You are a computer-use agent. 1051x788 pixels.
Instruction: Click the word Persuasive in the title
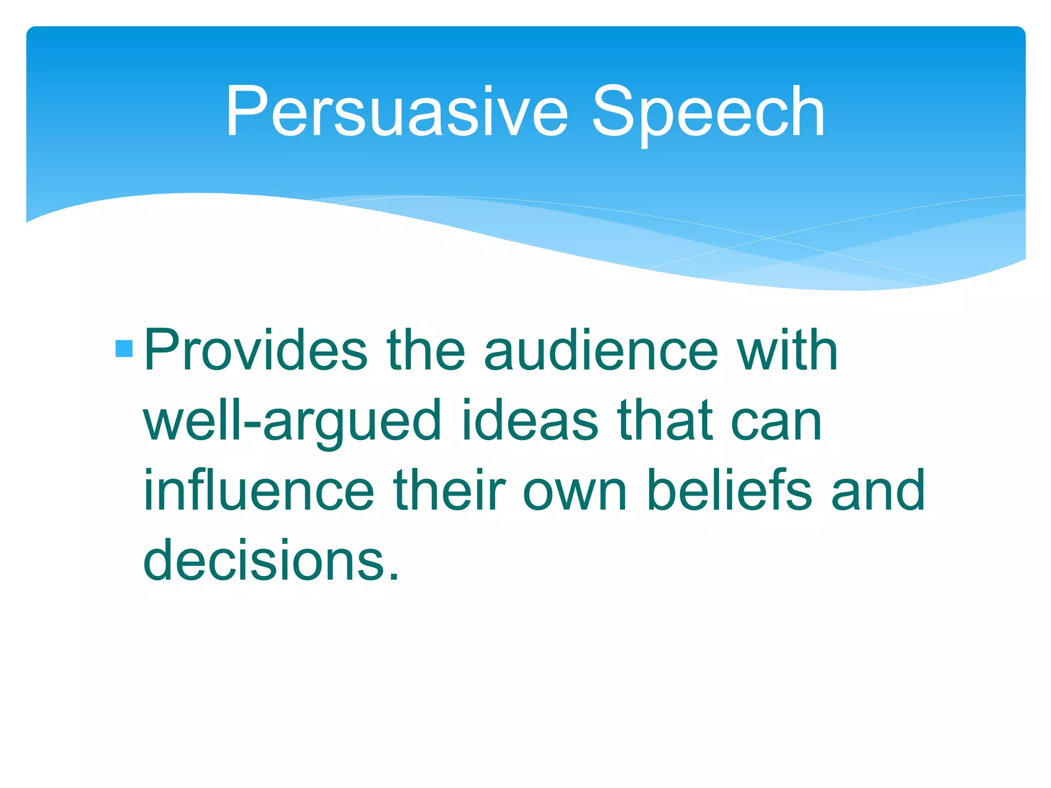pyautogui.click(x=397, y=111)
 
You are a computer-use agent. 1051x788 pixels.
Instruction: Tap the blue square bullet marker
pyautogui.click(x=124, y=349)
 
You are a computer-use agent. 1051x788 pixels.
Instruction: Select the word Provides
pyautogui.click(x=256, y=350)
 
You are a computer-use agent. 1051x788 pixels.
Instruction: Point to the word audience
pyautogui.click(x=601, y=350)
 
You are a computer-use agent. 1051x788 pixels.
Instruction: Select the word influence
pyautogui.click(x=259, y=490)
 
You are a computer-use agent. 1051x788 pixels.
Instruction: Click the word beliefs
pyautogui.click(x=729, y=490)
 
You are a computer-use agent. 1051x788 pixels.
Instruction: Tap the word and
pyautogui.click(x=878, y=490)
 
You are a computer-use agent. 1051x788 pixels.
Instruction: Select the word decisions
pyautogui.click(x=264, y=560)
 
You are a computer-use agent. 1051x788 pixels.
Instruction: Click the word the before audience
pyautogui.click(x=426, y=350)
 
